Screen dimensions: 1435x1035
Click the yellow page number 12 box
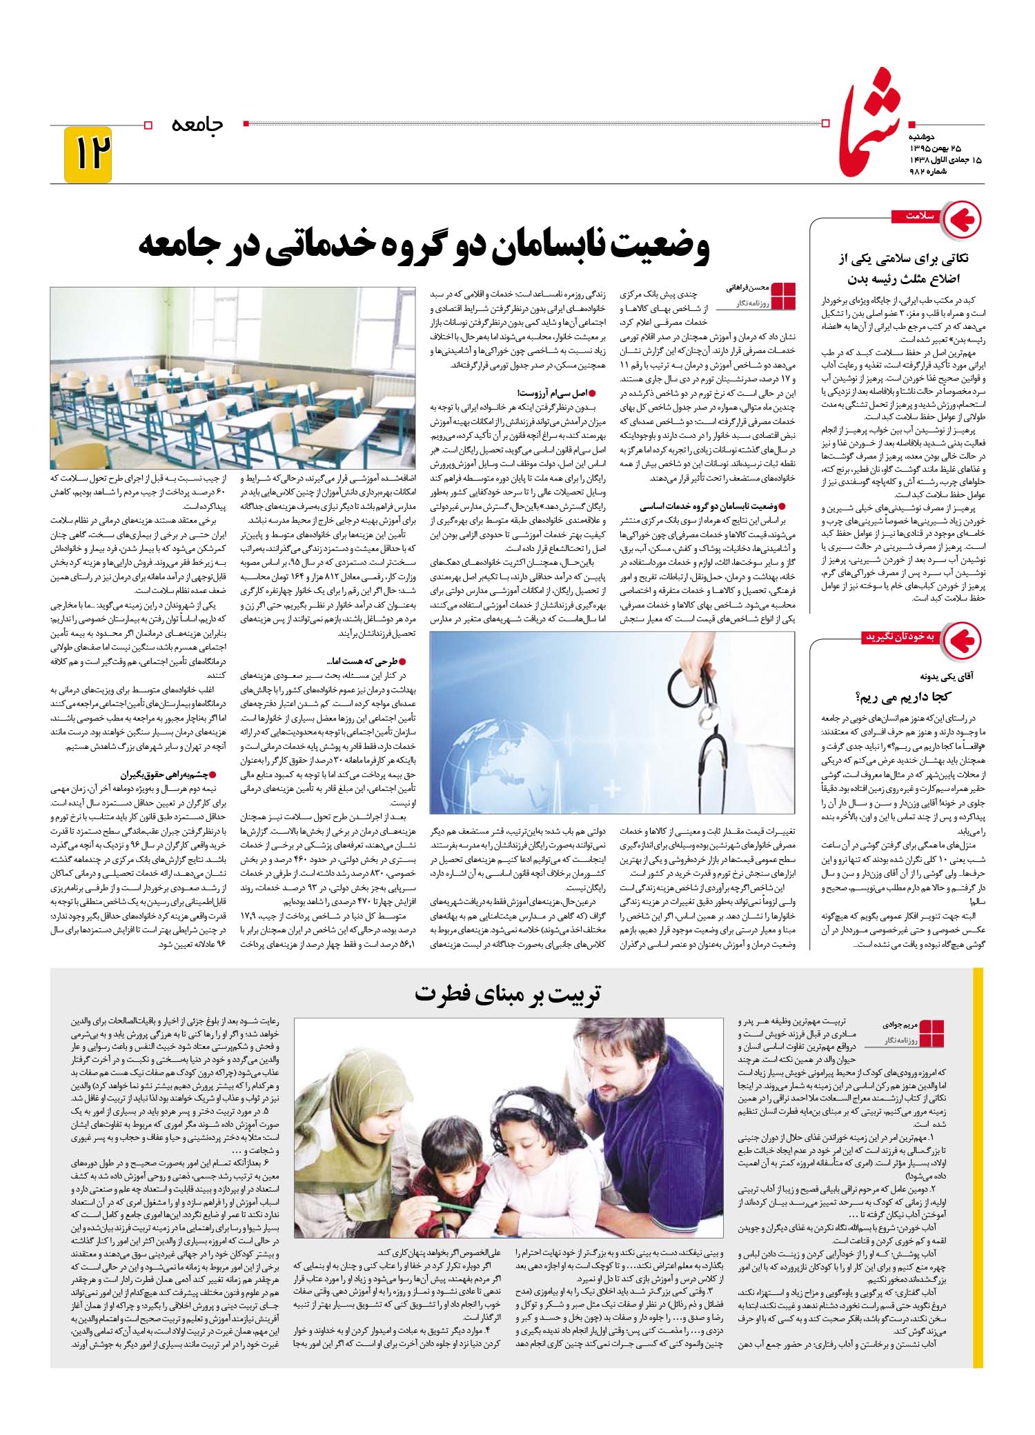point(88,154)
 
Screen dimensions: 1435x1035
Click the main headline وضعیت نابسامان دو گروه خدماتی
point(424,247)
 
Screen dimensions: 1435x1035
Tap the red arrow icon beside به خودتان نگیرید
point(962,639)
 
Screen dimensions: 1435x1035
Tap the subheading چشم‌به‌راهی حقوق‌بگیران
point(168,774)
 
